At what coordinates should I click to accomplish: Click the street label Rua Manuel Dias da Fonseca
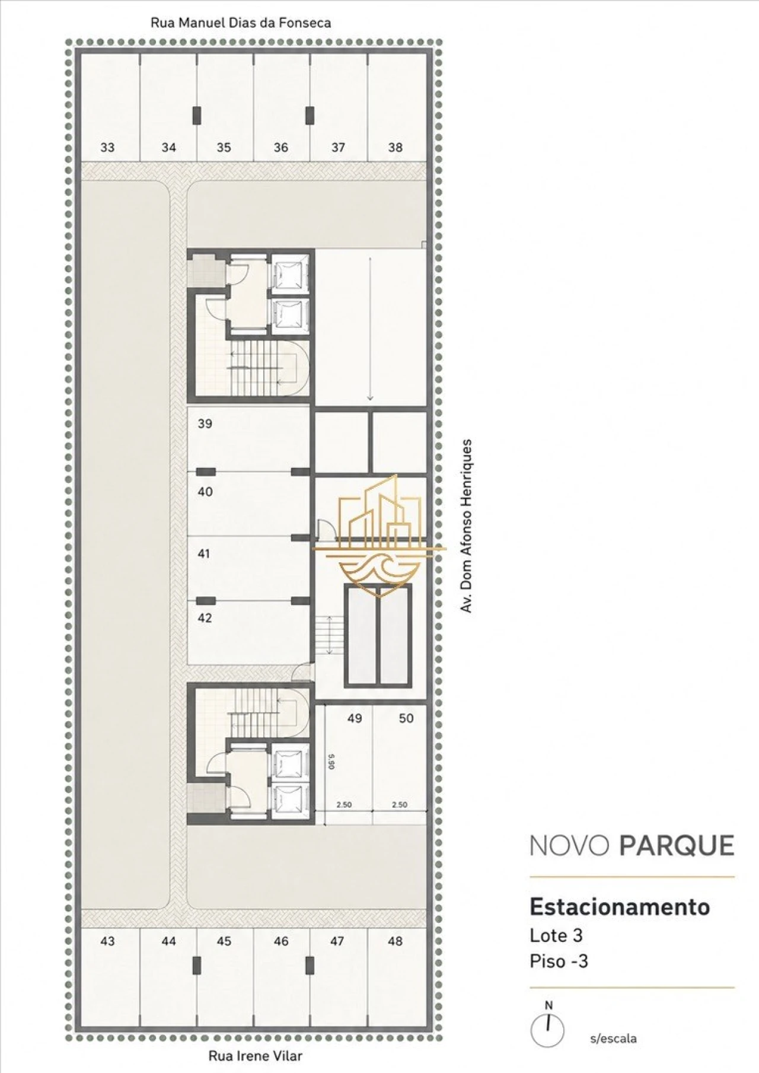[x=241, y=23]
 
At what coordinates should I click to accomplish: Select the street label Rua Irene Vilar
[x=256, y=1056]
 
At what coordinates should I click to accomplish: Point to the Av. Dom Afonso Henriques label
[x=467, y=526]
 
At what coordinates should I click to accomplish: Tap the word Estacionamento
[x=620, y=907]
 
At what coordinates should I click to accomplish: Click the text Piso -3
[x=559, y=961]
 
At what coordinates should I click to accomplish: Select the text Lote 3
[x=556, y=935]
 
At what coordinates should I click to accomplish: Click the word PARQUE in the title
[x=677, y=846]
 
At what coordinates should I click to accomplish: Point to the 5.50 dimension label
[x=332, y=761]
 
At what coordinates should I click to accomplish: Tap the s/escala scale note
[x=614, y=1039]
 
